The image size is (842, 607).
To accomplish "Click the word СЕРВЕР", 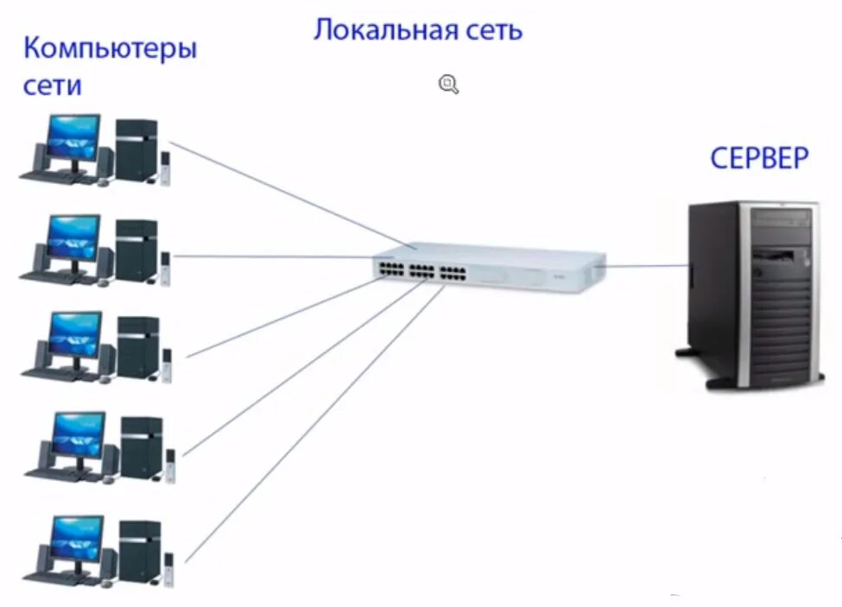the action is pos(760,159).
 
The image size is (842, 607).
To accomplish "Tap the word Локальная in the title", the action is pos(381,31).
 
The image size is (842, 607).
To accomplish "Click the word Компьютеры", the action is pos(110,48).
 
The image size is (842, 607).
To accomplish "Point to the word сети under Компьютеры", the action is pos(53,85).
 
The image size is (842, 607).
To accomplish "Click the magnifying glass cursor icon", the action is pos(448,84).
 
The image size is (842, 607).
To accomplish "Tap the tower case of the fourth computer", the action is pos(141,447).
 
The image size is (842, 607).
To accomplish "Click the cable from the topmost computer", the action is pos(285,193).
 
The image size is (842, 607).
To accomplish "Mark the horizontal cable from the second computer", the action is pos(276,256).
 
